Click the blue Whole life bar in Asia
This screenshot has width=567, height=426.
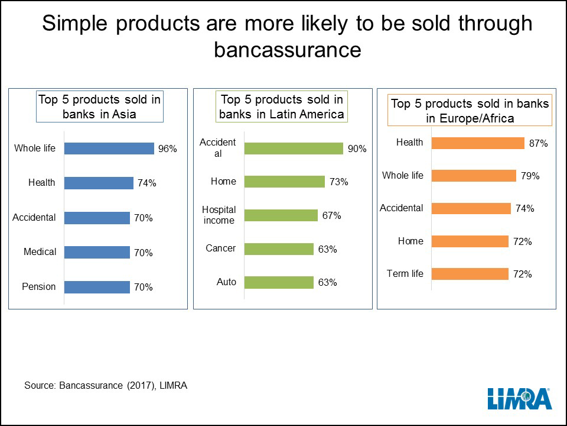[109, 149]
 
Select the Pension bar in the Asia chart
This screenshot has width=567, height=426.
[97, 287]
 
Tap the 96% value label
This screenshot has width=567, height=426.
[167, 149]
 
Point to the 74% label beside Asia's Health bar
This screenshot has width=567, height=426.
[146, 183]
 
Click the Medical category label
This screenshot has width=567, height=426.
[40, 252]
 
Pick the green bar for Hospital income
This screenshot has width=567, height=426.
[281, 215]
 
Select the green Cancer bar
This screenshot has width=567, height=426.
[279, 249]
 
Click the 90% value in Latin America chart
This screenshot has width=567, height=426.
[357, 149]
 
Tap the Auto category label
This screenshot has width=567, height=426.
[226, 282]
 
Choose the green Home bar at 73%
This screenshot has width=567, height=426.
[284, 182]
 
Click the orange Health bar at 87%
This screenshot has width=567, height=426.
[478, 143]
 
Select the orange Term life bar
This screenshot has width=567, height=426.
[470, 274]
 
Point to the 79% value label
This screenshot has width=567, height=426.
[530, 176]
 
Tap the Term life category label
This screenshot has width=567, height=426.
[405, 274]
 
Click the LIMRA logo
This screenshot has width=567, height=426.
[520, 399]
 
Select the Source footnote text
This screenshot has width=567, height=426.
[106, 385]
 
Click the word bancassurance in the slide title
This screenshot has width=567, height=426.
[287, 50]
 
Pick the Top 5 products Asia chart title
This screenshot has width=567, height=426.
[99, 107]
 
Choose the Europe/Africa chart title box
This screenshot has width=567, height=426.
[470, 111]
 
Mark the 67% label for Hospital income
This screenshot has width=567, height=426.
[331, 216]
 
